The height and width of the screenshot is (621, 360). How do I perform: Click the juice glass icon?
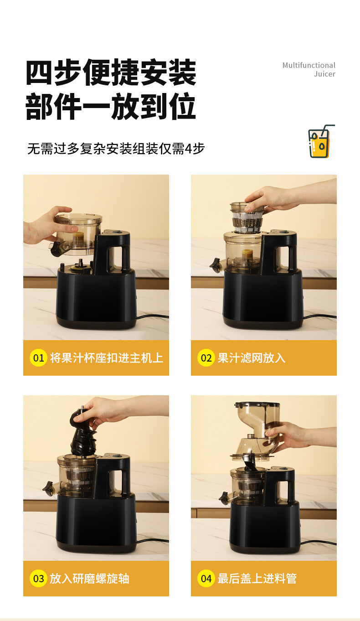321,142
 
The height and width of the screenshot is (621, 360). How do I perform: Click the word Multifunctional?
309,65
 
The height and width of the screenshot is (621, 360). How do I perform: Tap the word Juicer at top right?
324,74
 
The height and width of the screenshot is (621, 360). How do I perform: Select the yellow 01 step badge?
39,358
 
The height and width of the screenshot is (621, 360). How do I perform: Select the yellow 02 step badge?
206,358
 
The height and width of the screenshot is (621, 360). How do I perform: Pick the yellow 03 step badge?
39,579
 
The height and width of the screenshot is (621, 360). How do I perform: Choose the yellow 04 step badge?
206,579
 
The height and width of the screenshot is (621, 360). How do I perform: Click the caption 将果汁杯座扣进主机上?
107,358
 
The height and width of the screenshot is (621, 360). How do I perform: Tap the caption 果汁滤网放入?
252,358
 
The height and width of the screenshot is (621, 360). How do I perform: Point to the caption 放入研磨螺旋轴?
90,579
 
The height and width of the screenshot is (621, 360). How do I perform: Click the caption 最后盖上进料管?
257,579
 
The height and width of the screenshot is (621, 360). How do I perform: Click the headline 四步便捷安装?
111,73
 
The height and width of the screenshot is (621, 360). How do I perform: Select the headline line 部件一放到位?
111,107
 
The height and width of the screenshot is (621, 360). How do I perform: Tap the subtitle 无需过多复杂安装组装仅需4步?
116,149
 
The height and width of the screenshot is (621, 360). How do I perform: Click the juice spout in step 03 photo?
48,488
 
